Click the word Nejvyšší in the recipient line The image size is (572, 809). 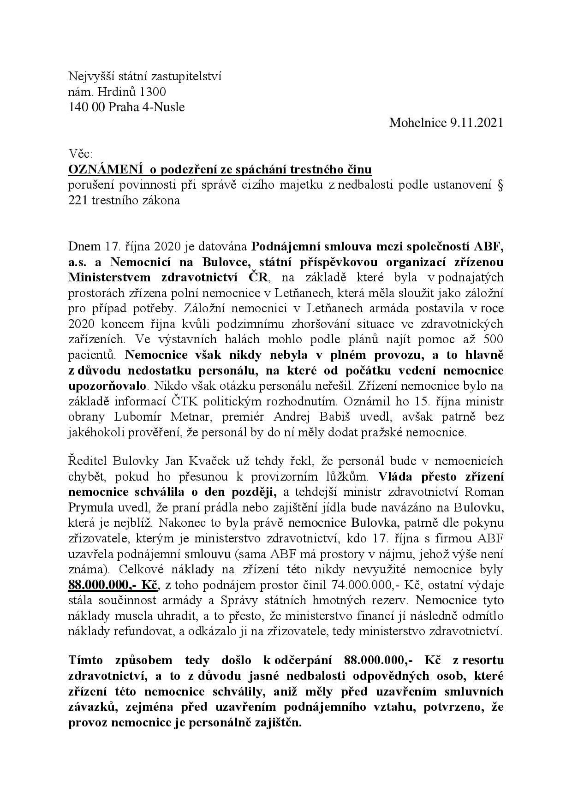pos(87,76)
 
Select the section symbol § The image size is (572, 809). pos(500,185)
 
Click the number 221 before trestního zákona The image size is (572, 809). pos(77,201)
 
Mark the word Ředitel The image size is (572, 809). pos(86,461)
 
